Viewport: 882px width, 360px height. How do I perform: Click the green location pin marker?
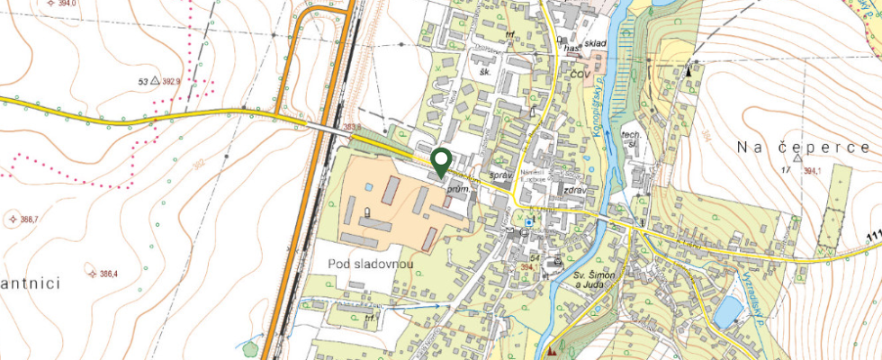[441, 161]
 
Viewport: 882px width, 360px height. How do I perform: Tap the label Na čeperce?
[803, 147]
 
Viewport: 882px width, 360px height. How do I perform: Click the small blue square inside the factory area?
[368, 186]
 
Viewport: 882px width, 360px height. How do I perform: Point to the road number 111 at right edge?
[874, 237]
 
